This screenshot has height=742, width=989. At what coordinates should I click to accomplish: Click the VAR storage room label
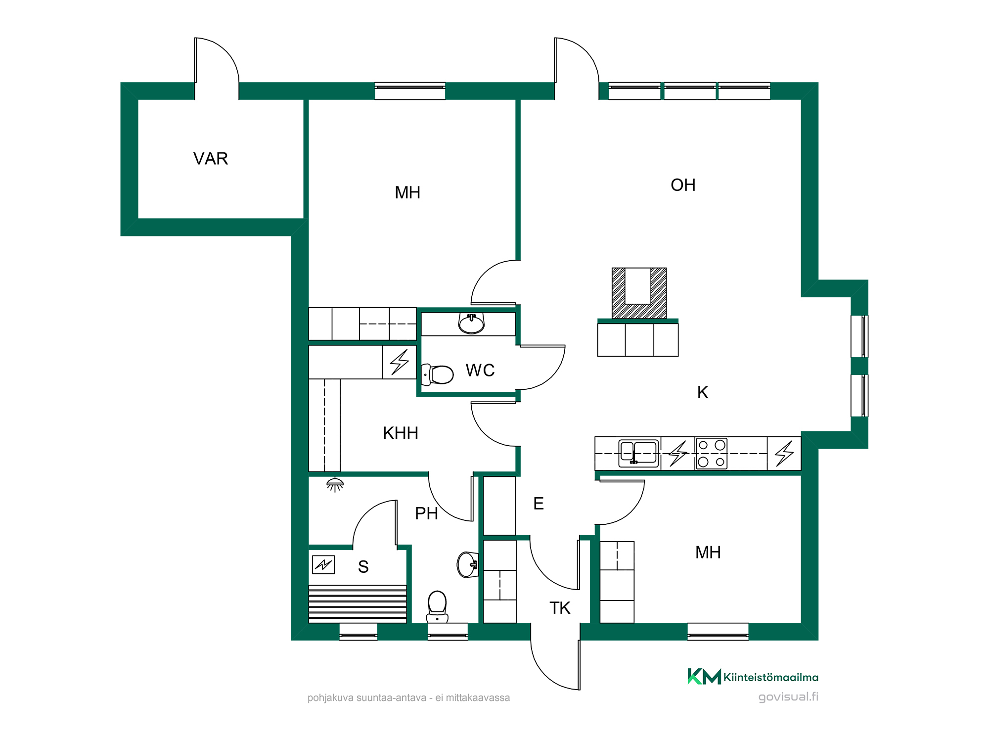211,159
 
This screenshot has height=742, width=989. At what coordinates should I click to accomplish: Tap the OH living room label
683,185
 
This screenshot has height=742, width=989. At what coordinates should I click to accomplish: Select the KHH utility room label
401,433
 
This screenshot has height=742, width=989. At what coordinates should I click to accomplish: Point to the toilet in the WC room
437,374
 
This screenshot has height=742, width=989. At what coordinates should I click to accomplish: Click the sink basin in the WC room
471,324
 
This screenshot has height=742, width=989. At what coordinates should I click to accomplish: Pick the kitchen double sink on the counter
639,453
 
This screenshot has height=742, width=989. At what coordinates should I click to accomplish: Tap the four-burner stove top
711,453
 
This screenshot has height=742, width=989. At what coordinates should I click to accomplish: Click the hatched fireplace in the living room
639,293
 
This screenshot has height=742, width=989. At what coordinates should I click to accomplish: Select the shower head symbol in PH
335,485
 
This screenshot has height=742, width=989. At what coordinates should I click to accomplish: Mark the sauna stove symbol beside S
323,564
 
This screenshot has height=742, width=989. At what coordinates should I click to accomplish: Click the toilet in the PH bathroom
437,606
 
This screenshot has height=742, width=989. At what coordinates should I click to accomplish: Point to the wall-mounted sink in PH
467,564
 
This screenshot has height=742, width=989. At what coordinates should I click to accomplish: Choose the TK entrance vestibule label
560,608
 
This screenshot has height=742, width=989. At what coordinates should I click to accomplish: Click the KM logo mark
704,677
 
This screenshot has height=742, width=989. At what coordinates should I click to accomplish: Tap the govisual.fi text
788,697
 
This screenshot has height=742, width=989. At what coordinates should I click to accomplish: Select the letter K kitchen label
703,392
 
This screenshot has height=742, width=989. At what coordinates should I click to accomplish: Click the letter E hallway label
539,504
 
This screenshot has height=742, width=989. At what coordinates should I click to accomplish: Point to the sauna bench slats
358,604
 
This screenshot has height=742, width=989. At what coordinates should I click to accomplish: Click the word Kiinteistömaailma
771,677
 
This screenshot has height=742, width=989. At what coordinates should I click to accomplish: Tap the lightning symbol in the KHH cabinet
400,362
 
